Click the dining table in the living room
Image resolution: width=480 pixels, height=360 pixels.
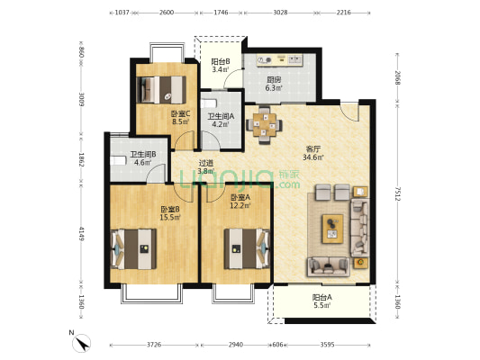pyautogui.click(x=265, y=125)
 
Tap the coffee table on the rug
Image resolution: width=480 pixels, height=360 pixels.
pyautogui.click(x=332, y=229)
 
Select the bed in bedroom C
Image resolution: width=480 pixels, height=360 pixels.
pyautogui.click(x=161, y=90)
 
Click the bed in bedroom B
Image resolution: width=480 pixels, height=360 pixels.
pyautogui.click(x=133, y=249)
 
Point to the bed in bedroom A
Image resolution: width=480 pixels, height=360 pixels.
pyautogui.click(x=248, y=248)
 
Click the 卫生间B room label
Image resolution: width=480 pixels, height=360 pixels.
pyautogui.click(x=143, y=155)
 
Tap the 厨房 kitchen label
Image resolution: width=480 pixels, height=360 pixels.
pyautogui.click(x=274, y=80)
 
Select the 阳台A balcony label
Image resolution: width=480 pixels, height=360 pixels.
pyautogui.click(x=322, y=297)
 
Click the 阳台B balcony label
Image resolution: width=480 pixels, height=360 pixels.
pyautogui.click(x=221, y=62)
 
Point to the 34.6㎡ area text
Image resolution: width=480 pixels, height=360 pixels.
pyautogui.click(x=313, y=157)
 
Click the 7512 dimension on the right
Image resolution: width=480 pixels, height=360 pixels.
pyautogui.click(x=397, y=193)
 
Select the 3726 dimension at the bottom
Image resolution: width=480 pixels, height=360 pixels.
pyautogui.click(x=154, y=345)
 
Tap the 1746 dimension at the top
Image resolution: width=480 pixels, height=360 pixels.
pyautogui.click(x=221, y=13)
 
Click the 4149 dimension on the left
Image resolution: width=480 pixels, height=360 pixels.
pyautogui.click(x=81, y=233)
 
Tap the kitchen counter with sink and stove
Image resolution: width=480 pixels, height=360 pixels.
pyautogui.click(x=279, y=59)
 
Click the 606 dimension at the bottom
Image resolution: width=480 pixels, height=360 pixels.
pyautogui.click(x=277, y=345)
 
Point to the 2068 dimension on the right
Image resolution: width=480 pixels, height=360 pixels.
pyautogui.click(x=397, y=77)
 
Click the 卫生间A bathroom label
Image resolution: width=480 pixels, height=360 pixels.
pyautogui.click(x=221, y=116)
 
